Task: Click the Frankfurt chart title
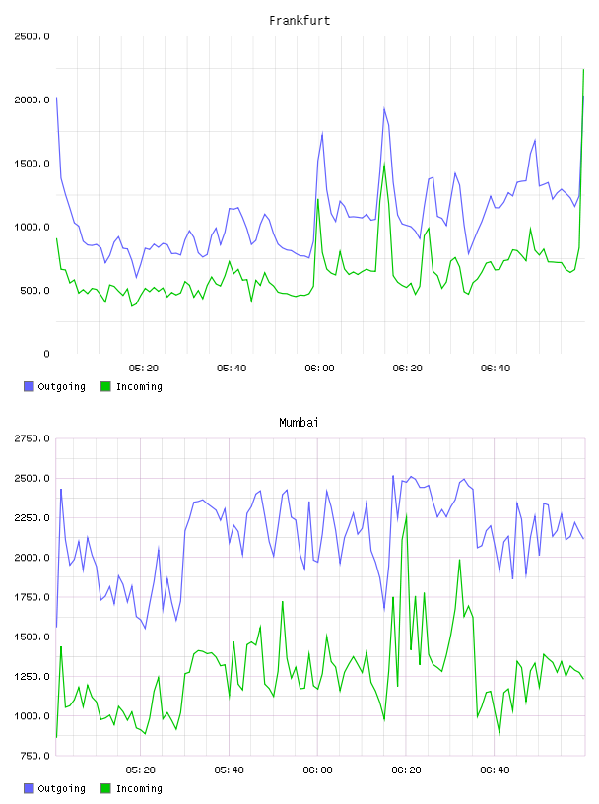coord(299,20)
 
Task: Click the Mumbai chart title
coord(299,422)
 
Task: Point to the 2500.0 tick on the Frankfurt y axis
coord(32,36)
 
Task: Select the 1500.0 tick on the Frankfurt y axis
coord(32,164)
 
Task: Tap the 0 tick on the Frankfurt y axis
coord(46,354)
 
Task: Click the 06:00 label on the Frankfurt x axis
coord(319,368)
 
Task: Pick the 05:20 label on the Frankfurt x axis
coord(144,368)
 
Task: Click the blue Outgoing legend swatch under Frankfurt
coord(29,386)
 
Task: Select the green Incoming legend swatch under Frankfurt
coord(105,386)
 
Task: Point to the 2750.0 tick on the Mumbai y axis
coord(32,438)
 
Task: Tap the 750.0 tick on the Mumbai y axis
coord(33,756)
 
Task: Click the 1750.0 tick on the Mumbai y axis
coord(32,597)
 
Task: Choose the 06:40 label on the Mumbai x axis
coord(495,770)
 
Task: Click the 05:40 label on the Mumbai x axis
coord(230,770)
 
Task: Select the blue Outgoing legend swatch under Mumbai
coord(29,788)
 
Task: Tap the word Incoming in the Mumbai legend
coord(139,788)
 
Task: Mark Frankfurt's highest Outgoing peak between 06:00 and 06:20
coord(384,108)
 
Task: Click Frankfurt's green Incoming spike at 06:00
coord(318,199)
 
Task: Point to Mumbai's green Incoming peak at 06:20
coord(406,514)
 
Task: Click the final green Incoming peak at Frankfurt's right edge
coord(583,69)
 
